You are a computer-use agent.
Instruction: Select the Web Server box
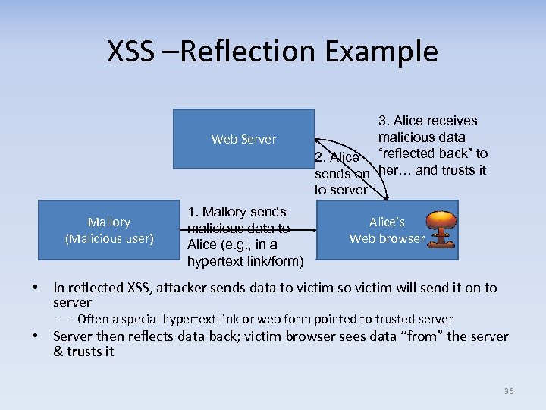(243, 139)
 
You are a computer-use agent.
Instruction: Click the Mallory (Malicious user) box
(108, 230)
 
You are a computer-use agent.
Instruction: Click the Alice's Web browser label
(387, 230)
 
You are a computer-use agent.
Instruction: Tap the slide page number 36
(508, 391)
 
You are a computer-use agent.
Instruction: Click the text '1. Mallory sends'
(237, 212)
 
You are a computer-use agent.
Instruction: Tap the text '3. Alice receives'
(428, 121)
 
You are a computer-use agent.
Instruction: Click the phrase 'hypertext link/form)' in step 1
(245, 262)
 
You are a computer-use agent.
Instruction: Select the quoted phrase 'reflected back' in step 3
(422, 154)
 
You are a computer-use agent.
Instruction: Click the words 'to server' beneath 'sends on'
(340, 190)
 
